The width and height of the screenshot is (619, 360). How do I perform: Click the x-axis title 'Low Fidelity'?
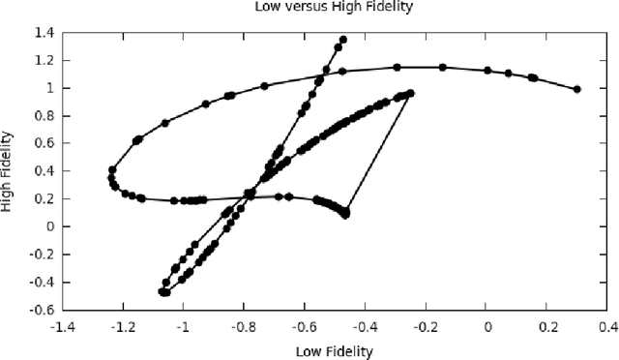pos(334,350)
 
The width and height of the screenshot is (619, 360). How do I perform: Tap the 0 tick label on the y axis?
pos(50,226)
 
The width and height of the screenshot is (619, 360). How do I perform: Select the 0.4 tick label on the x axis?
pos(607,328)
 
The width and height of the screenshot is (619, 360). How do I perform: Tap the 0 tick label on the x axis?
pos(487,328)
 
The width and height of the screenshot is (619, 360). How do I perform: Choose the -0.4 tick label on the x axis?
pos(365,328)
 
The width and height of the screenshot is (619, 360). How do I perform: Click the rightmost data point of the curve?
pos(577,89)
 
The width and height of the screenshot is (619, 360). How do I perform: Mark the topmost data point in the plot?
pos(343,40)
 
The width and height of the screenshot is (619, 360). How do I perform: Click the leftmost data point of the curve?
pos(110,178)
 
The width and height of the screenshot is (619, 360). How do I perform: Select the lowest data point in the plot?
pos(164,292)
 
